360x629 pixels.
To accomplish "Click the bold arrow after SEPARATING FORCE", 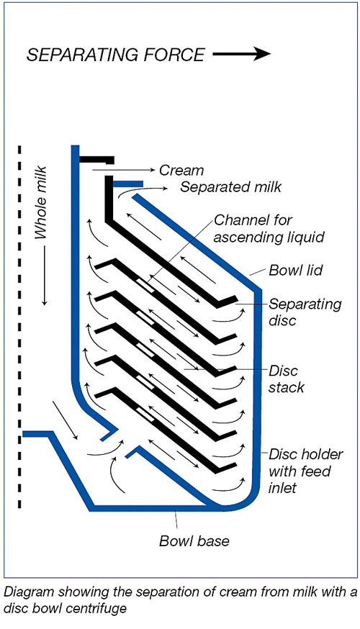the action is click(x=242, y=54).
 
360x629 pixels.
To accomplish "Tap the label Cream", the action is click(x=181, y=171).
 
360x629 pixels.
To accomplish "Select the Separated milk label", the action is click(x=231, y=187).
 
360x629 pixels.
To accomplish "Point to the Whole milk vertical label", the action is click(x=41, y=202).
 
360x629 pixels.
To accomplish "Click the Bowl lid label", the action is click(x=295, y=270).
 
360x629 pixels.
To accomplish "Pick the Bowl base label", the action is click(x=194, y=540).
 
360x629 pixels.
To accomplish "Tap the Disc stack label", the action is click(x=286, y=379).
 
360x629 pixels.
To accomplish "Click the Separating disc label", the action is click(x=305, y=312).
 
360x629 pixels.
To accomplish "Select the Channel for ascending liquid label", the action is click(x=269, y=229).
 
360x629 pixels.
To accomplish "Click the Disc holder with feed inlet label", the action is click(x=306, y=471).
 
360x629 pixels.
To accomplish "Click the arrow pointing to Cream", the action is click(x=124, y=170).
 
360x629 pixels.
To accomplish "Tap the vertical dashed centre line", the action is click(x=19, y=327).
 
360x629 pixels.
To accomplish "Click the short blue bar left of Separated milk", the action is click(x=128, y=184).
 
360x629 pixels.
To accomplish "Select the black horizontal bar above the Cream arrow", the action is click(x=96, y=160).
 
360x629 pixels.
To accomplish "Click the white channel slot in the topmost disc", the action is click(x=145, y=285).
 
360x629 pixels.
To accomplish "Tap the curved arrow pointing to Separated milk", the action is click(x=143, y=191).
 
